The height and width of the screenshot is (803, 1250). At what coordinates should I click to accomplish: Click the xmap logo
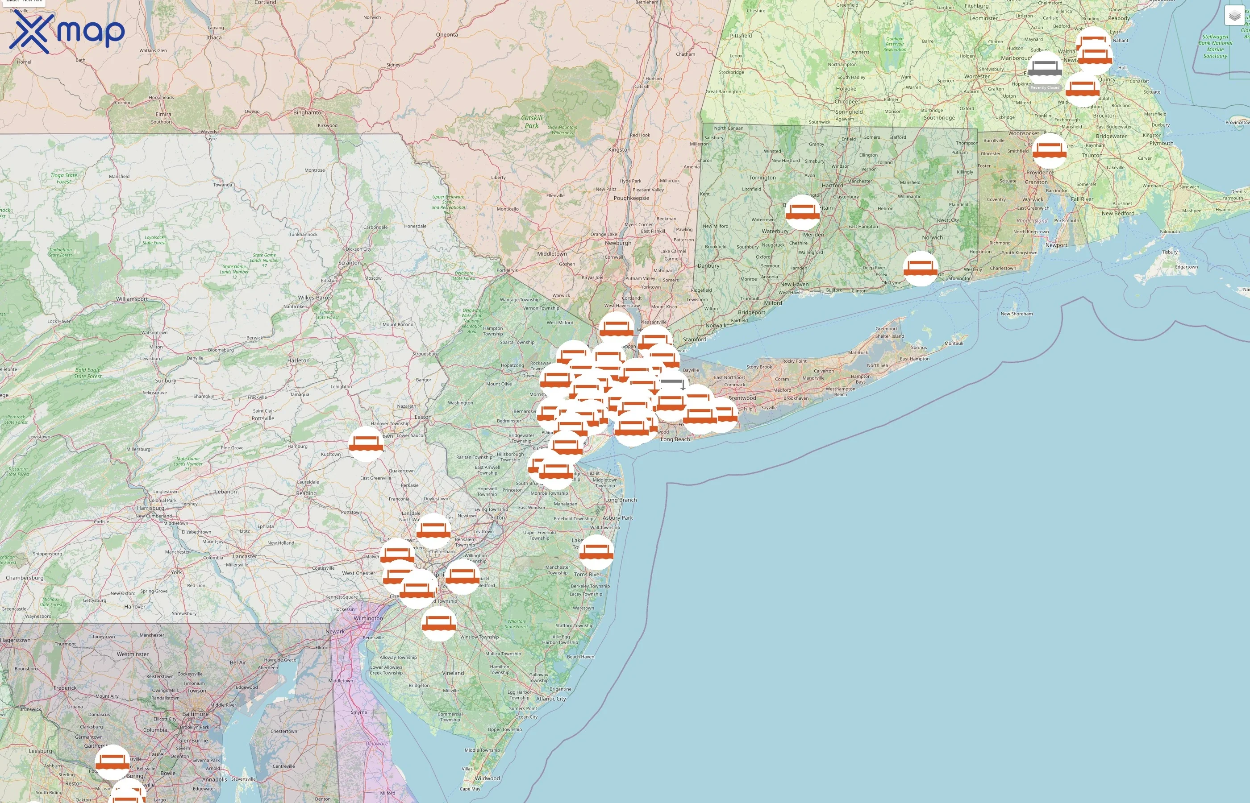[x=67, y=32]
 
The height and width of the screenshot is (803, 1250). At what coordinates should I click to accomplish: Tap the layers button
[x=1234, y=16]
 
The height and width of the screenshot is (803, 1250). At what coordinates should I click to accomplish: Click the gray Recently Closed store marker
[x=1045, y=69]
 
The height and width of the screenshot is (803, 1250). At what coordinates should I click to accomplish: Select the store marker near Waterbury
[x=802, y=212]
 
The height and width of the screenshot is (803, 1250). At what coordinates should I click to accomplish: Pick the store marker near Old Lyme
[x=920, y=269]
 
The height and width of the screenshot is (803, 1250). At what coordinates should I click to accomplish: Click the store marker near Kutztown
[x=366, y=444]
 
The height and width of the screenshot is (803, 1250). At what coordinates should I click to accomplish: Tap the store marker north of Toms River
[x=596, y=552]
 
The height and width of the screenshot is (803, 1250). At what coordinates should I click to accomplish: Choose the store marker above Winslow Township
[x=439, y=623]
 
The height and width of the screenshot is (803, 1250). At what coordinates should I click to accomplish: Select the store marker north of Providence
[x=1049, y=151]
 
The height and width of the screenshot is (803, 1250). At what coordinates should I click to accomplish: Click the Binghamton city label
[x=308, y=112]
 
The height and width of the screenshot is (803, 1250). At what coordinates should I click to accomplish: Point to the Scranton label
[x=350, y=263]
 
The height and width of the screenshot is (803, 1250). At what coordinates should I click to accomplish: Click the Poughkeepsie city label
[x=631, y=198]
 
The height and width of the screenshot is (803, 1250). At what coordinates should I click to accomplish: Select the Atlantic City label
[x=550, y=699]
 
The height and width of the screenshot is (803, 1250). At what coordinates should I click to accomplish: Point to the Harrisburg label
[x=150, y=508]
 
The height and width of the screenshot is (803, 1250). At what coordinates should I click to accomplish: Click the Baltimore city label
[x=195, y=714]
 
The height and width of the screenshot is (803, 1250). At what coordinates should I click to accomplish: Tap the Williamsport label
[x=131, y=299]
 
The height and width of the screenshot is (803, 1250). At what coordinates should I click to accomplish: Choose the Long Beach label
[x=675, y=439]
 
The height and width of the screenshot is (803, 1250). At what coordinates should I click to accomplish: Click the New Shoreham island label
[x=1016, y=314]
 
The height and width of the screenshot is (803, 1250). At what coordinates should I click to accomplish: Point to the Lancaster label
[x=245, y=556]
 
